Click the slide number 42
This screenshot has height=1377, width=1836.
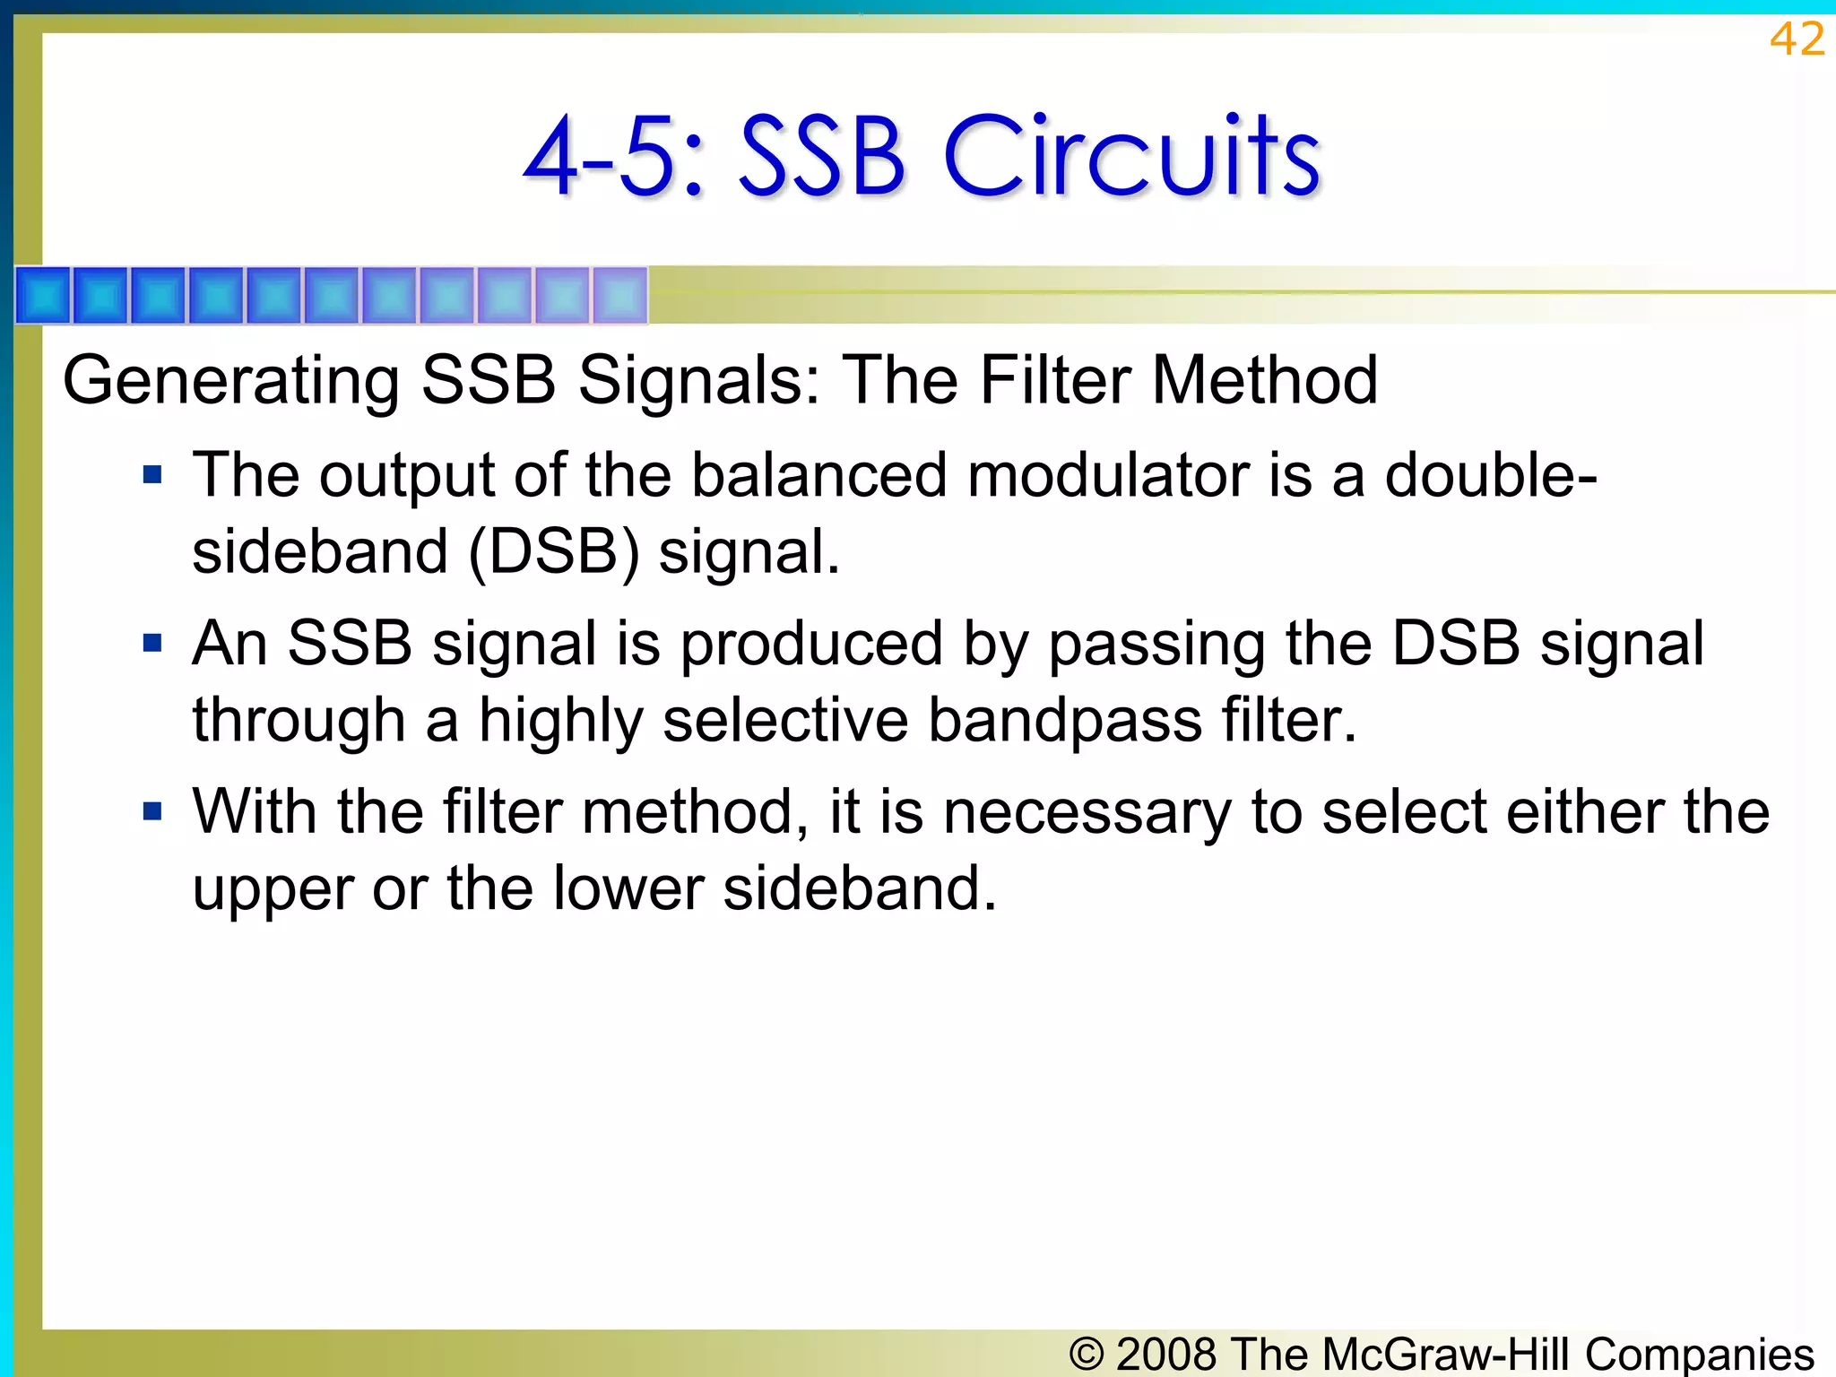(1797, 40)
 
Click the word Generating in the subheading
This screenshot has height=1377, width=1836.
(230, 381)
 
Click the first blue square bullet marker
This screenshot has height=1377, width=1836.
(152, 474)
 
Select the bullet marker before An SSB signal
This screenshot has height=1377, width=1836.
(152, 643)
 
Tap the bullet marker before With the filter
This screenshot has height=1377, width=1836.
(152, 811)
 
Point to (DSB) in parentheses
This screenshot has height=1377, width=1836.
(554, 551)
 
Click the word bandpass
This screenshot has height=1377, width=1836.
(1064, 720)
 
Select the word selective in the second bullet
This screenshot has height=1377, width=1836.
(784, 720)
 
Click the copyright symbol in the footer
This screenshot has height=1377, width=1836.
(1087, 1354)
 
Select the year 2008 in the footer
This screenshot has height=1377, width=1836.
(1166, 1354)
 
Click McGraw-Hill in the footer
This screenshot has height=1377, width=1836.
(1446, 1354)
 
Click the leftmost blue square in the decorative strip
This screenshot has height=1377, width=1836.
(43, 295)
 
